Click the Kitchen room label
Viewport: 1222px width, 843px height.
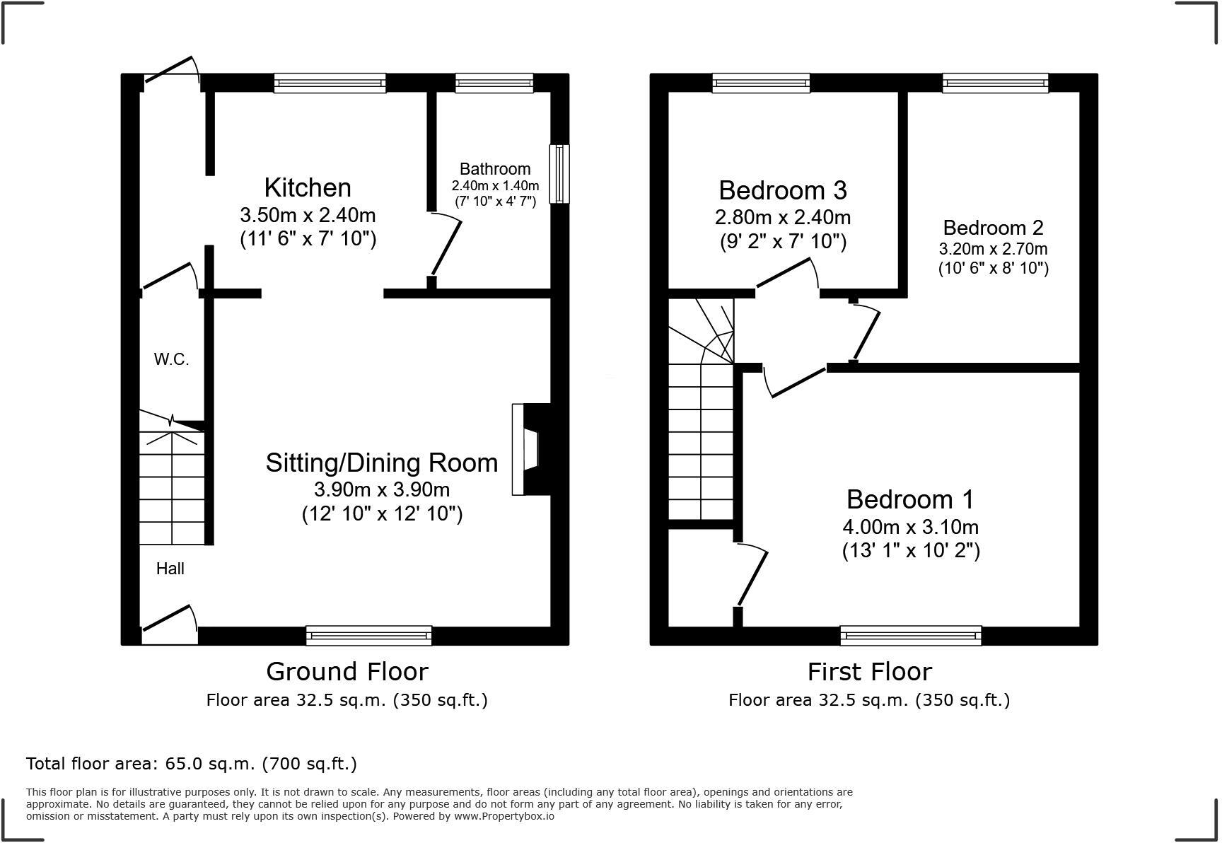pos(308,188)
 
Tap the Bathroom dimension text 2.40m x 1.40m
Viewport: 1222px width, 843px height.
pos(495,186)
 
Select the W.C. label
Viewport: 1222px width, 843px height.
pos(171,359)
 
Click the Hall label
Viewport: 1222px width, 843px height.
pos(170,569)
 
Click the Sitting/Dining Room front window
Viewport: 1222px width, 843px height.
pos(368,636)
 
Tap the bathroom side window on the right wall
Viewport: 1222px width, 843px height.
pos(559,174)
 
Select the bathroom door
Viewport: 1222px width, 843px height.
pos(447,247)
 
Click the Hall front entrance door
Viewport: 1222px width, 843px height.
pos(168,620)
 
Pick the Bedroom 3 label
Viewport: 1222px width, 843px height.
pos(783,190)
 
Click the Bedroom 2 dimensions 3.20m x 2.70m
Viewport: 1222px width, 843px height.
pos(993,249)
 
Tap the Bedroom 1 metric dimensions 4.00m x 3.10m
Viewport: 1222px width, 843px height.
pos(910,527)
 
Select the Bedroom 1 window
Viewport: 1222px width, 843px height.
pos(911,636)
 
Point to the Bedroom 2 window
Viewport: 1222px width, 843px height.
pos(995,83)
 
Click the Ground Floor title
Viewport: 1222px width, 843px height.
pos(347,671)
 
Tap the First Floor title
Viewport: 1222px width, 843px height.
pos(869,671)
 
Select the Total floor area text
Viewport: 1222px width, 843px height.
pos(191,764)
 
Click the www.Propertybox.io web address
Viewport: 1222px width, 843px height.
pos(504,816)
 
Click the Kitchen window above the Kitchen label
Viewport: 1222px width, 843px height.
pos(330,83)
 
